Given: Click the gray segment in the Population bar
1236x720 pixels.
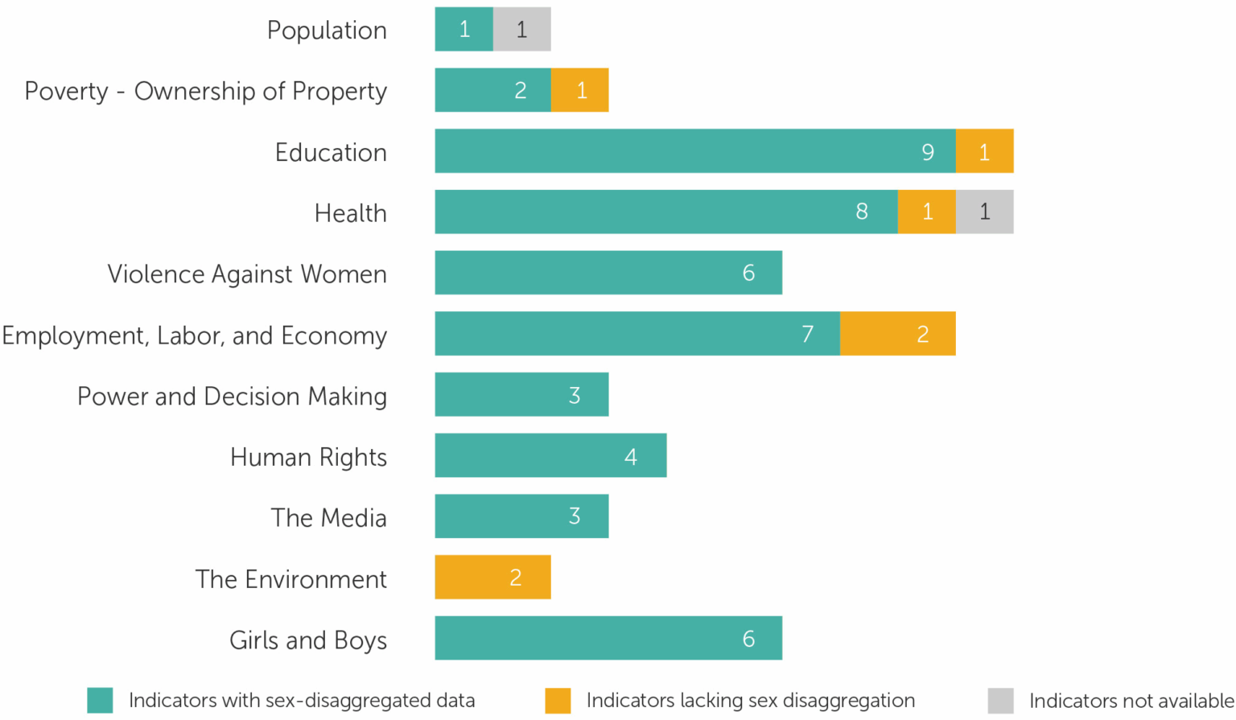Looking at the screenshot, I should pos(521,30).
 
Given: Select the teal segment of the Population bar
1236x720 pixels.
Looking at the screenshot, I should pos(463,30).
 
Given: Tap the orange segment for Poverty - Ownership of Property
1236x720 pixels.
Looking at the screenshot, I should pos(579,90).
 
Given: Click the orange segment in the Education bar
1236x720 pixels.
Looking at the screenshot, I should pos(984,151).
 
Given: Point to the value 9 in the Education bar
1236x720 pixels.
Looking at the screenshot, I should pos(928,152).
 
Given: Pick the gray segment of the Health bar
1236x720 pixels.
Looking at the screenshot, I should pos(984,212).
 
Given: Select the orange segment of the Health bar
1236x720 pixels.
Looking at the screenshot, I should pos(926,212).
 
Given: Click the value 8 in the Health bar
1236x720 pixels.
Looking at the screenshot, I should pos(862,212).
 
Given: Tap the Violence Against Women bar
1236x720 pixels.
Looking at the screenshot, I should pos(608,273).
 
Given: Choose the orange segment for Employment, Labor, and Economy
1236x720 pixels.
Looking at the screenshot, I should pos(897,334).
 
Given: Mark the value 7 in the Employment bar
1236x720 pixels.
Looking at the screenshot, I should pos(807,334).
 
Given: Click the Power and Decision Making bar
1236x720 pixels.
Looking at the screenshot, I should pos(521,395).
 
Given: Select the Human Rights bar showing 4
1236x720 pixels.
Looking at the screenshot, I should pos(550,456).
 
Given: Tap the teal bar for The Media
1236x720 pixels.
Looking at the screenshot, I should pos(521,516).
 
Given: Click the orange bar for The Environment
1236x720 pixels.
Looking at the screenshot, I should pos(492,578).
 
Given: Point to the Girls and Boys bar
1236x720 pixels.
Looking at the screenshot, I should pos(608,639).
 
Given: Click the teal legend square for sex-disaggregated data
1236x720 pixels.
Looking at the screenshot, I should pos(100,701).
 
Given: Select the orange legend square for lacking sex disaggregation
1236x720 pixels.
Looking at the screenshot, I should pos(558,701).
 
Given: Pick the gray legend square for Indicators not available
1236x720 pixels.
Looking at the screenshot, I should pos(1000,701).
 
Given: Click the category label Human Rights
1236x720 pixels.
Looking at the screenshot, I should pos(308,457).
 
